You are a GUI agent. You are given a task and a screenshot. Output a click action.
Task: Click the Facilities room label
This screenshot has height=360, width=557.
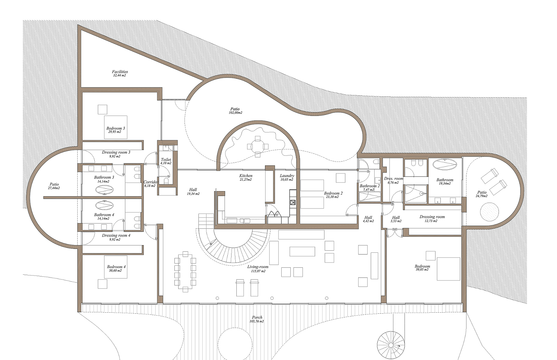tap(120, 72)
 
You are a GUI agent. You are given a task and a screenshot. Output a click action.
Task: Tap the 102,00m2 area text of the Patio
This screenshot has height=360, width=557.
tap(235, 112)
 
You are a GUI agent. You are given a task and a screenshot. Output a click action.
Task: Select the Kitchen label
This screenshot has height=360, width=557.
tap(246, 175)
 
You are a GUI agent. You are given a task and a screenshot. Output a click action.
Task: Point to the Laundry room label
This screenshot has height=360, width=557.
tap(287, 175)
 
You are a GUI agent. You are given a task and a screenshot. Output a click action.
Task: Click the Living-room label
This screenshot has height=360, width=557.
tap(258, 267)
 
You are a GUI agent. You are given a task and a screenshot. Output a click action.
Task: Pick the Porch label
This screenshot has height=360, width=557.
tap(257, 317)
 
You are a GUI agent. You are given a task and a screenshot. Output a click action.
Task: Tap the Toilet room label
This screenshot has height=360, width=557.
tap(166, 159)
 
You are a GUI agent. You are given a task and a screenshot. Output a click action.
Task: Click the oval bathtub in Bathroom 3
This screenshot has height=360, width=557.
tap(104, 190)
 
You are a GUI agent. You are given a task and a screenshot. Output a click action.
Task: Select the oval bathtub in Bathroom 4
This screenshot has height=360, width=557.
tap(104, 205)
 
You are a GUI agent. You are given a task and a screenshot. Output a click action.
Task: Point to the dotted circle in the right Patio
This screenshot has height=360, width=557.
tap(489, 212)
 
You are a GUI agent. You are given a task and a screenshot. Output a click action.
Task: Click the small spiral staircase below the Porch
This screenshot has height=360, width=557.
tap(390, 345)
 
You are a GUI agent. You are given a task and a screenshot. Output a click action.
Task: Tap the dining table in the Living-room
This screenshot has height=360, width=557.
tap(185, 272)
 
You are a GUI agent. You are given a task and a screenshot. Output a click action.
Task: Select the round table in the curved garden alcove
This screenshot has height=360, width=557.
tap(258, 147)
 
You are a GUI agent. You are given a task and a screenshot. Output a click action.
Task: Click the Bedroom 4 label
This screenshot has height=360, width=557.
tap(116, 267)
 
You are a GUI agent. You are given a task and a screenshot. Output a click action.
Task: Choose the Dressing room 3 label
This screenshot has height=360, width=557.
tap(116, 152)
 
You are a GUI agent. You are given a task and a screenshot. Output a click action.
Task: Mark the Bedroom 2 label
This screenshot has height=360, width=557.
tap(333, 193)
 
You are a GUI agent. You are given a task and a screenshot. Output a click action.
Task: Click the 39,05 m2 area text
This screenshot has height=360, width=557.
tap(422, 269)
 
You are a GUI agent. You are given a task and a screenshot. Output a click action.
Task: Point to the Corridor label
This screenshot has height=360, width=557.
tap(150, 182)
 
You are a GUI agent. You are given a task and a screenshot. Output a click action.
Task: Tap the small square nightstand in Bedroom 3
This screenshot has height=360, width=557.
tap(102, 109)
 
